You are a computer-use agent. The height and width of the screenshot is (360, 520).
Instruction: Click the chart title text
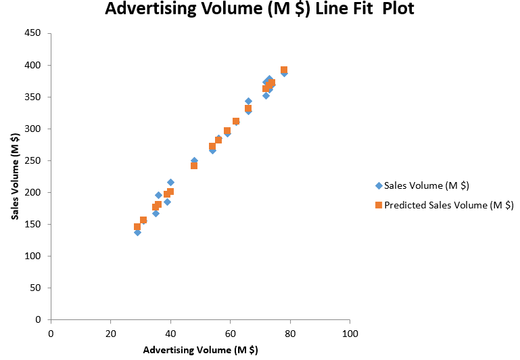[260, 10]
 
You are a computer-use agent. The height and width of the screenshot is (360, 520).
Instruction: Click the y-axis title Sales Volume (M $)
[14, 177]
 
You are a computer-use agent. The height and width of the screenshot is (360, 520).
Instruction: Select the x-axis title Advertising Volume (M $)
[200, 350]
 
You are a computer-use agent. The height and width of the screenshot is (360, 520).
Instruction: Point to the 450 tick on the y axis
[32, 34]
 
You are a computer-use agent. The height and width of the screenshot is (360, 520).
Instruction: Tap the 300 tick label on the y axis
[32, 129]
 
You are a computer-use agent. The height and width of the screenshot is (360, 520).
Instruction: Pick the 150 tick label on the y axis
[32, 225]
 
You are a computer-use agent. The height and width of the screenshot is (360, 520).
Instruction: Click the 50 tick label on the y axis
[35, 288]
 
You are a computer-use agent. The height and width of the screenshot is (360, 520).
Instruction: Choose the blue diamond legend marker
[379, 185]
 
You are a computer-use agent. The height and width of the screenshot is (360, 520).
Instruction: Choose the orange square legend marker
[379, 204]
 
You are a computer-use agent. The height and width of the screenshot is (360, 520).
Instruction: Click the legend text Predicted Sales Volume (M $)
[449, 204]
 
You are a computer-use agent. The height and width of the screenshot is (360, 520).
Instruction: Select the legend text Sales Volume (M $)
[427, 185]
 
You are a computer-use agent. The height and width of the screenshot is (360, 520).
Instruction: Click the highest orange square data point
[284, 70]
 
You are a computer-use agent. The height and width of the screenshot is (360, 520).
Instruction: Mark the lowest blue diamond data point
[137, 232]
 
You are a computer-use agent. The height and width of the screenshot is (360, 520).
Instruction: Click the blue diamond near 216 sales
[170, 182]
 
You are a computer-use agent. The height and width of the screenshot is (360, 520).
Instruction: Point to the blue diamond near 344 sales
[248, 101]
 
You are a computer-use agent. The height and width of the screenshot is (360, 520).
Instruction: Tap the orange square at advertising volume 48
[194, 165]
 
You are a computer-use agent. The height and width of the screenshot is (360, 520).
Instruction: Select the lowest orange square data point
[137, 227]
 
